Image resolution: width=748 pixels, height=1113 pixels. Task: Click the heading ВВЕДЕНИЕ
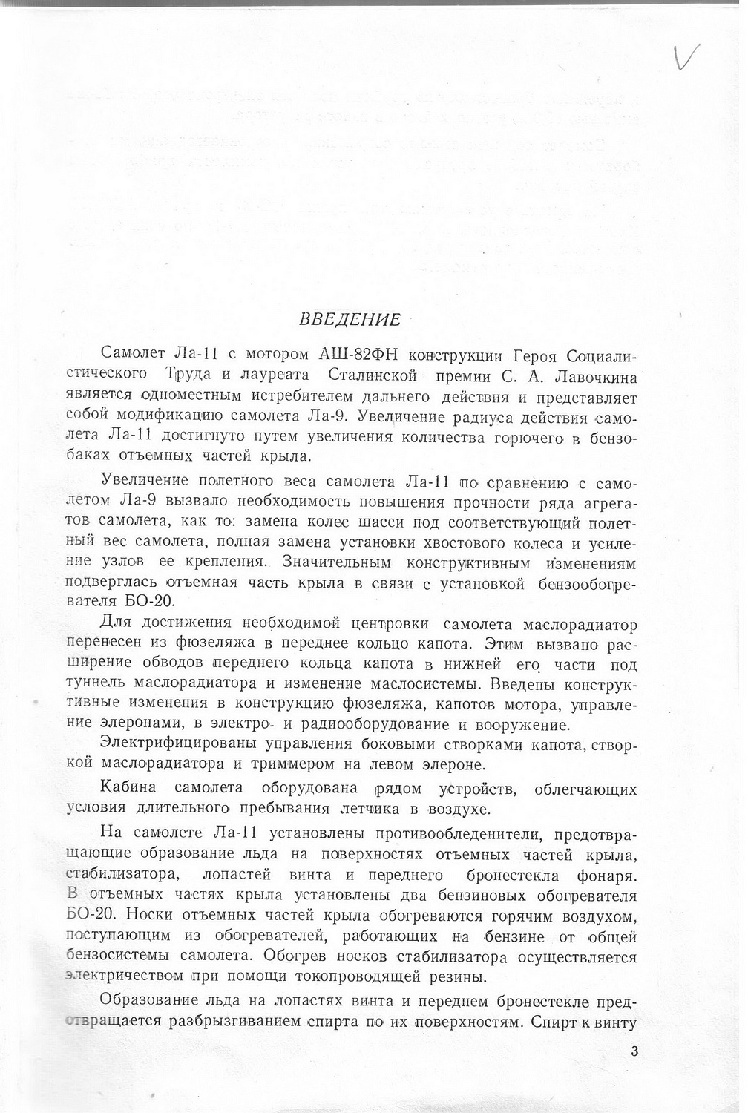[349, 320]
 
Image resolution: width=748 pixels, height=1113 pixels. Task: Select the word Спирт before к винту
[554, 1022]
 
